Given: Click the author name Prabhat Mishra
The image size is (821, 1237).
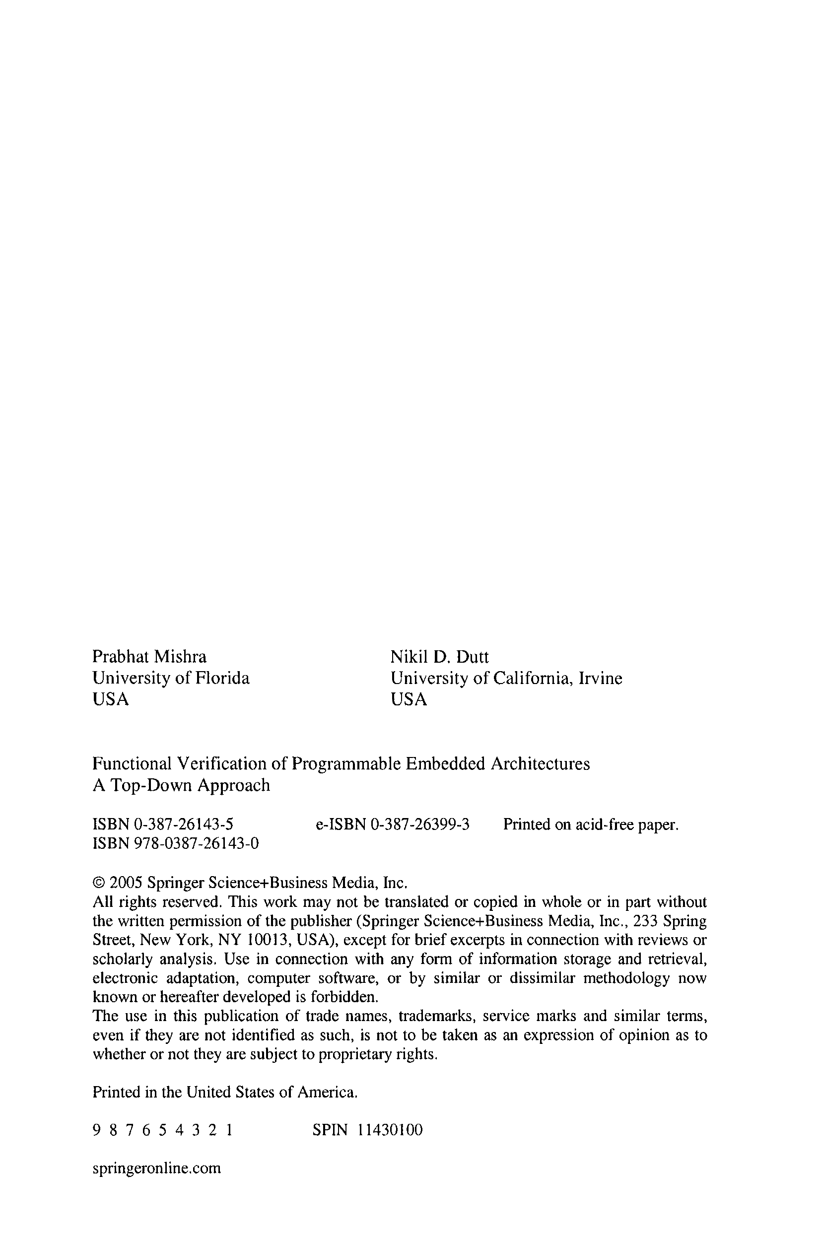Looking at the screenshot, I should tap(149, 656).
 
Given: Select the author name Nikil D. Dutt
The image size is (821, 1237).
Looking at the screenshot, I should tap(439, 656).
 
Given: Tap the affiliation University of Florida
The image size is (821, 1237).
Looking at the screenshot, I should tap(171, 678).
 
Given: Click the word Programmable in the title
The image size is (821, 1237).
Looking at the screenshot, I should tap(346, 764).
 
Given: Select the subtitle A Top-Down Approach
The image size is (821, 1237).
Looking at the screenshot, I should tap(181, 785).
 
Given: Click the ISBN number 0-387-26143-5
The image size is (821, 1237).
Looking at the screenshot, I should tap(184, 825).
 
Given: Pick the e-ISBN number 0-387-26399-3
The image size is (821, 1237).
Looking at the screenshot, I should tap(420, 825).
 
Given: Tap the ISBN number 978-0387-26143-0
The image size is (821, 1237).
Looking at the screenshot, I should tap(197, 843).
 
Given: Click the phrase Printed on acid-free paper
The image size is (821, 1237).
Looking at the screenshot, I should tap(591, 825).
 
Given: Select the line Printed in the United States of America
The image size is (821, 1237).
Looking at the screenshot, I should tap(225, 1092).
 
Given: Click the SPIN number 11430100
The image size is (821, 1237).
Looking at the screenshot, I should tap(390, 1130).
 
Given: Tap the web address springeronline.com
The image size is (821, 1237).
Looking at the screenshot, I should tap(156, 1168).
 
